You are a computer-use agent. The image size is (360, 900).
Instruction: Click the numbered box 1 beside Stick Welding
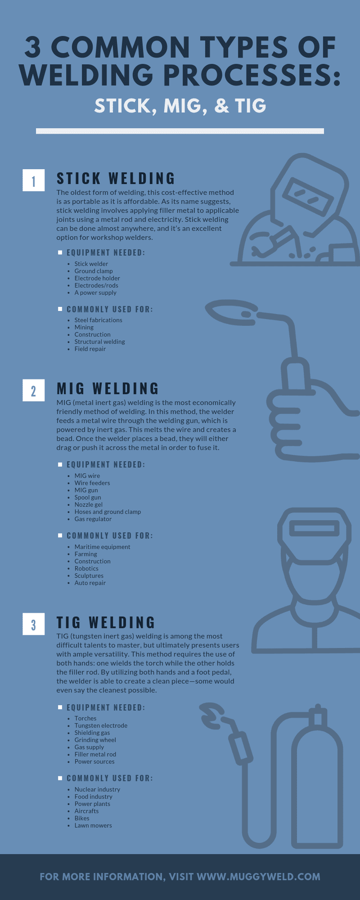click(x=33, y=180)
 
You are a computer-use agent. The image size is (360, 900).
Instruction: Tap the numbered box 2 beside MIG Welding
click(x=33, y=390)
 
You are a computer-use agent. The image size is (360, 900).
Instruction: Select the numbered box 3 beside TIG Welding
click(x=33, y=624)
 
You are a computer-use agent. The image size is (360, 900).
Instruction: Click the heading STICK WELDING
click(x=116, y=179)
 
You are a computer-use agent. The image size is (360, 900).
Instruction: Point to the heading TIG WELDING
click(x=106, y=623)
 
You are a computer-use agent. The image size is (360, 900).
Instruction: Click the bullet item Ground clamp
click(x=94, y=271)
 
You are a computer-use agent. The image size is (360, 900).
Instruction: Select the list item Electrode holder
click(x=97, y=278)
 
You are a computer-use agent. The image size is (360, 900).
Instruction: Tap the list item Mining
click(x=84, y=327)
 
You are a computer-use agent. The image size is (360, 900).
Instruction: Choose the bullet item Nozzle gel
click(x=89, y=504)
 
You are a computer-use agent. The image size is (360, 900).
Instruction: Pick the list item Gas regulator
click(x=93, y=519)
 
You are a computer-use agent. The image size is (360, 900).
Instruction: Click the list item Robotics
click(x=86, y=568)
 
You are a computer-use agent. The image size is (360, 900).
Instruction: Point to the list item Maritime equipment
click(x=102, y=547)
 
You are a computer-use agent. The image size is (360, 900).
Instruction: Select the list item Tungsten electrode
click(x=101, y=725)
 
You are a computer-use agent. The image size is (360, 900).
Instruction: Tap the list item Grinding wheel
click(x=95, y=740)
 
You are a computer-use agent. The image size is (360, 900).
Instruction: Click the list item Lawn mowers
click(x=93, y=825)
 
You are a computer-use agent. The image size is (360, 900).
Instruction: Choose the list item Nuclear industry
click(x=97, y=789)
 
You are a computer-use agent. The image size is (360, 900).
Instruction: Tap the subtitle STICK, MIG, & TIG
click(x=180, y=106)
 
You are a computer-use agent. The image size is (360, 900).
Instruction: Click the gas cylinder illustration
click(x=317, y=783)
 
